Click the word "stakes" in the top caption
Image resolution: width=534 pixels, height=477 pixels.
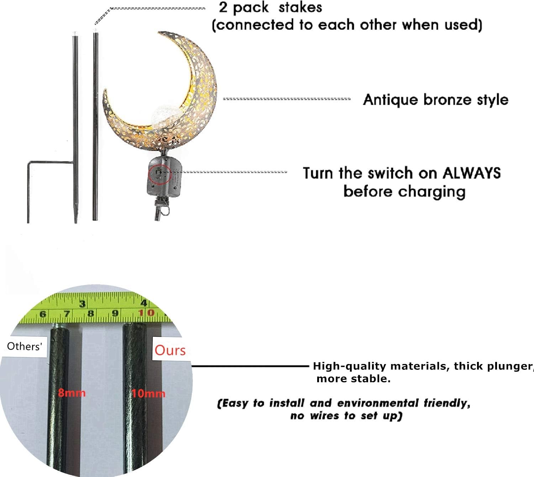coord(300,7)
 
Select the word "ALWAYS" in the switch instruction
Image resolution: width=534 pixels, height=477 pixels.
coord(471,173)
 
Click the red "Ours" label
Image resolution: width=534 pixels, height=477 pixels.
coord(170,350)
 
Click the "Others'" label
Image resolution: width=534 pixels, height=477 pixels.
coord(24,346)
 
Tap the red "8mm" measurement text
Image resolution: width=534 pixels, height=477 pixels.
coord(72,393)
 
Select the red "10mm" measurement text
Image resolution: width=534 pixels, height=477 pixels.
coord(148,394)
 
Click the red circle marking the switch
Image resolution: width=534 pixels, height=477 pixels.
coord(160,173)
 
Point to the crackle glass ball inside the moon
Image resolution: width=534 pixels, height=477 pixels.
coord(161,115)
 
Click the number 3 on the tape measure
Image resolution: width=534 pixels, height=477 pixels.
coord(83,304)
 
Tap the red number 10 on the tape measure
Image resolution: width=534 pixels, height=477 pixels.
coord(146,313)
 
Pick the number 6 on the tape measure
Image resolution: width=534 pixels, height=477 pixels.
coord(43,314)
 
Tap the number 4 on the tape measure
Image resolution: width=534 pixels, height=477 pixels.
coord(144,303)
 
